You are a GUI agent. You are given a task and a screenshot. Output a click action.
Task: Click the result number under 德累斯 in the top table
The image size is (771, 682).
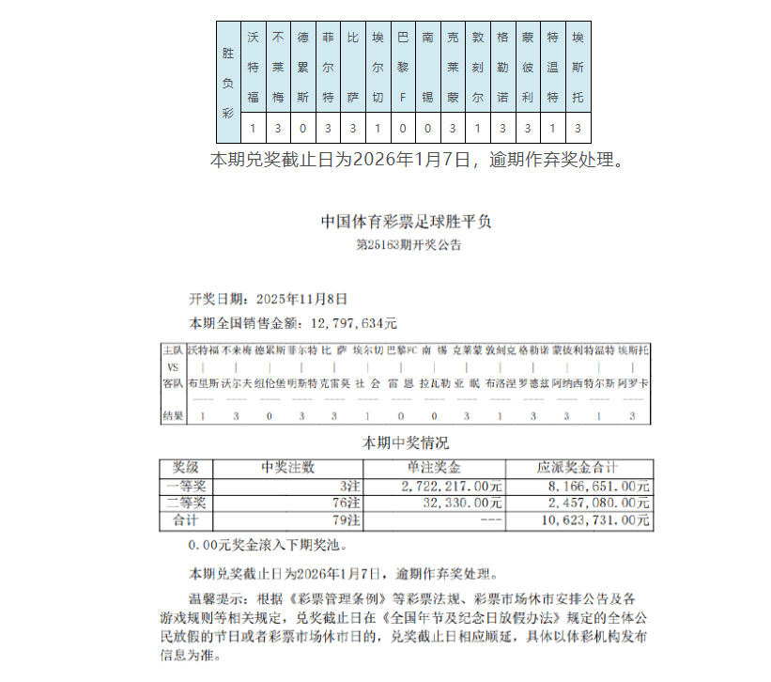[302, 128]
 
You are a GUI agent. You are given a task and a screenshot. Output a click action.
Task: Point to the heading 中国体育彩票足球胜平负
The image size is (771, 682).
[406, 223]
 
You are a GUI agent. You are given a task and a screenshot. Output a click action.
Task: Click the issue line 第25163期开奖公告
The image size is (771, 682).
[408, 245]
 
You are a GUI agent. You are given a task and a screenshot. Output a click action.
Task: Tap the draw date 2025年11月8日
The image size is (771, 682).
[301, 299]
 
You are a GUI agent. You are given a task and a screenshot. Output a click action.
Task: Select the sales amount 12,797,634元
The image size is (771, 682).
[346, 323]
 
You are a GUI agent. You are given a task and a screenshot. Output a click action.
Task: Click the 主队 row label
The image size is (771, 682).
[173, 349]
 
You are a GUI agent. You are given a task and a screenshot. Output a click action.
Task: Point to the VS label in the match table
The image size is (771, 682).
[173, 366]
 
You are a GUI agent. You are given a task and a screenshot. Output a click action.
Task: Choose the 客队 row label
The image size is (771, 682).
[173, 383]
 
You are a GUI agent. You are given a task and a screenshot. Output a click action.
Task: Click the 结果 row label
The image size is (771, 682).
[173, 415]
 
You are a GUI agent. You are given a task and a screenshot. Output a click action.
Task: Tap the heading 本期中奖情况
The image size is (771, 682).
[406, 442]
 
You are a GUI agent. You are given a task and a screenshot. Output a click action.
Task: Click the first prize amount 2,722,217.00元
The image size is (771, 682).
[451, 486]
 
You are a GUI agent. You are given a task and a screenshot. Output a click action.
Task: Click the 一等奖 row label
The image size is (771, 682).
[185, 486]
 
